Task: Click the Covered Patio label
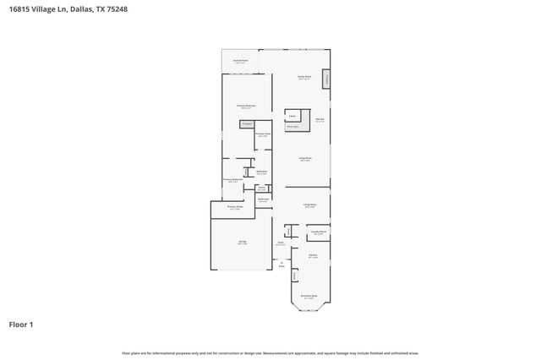click(240, 61)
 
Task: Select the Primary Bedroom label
click(247, 106)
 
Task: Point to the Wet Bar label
click(320, 120)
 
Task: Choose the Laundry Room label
click(318, 231)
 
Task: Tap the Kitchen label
click(313, 255)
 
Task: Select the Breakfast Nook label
click(309, 297)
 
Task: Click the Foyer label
click(280, 243)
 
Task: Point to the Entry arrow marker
click(280, 263)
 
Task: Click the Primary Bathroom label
click(233, 180)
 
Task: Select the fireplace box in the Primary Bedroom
click(248, 123)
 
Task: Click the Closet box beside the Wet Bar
click(292, 116)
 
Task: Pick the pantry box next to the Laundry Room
click(288, 231)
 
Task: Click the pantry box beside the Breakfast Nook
click(294, 275)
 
